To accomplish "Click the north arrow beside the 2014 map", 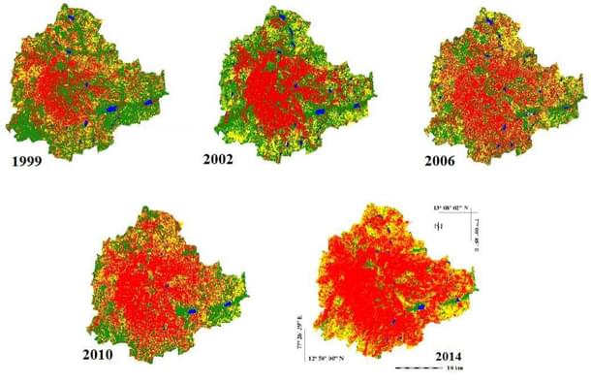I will point(438,226).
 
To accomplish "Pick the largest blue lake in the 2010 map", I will point(191,312).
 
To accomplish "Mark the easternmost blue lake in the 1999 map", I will point(147,102).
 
